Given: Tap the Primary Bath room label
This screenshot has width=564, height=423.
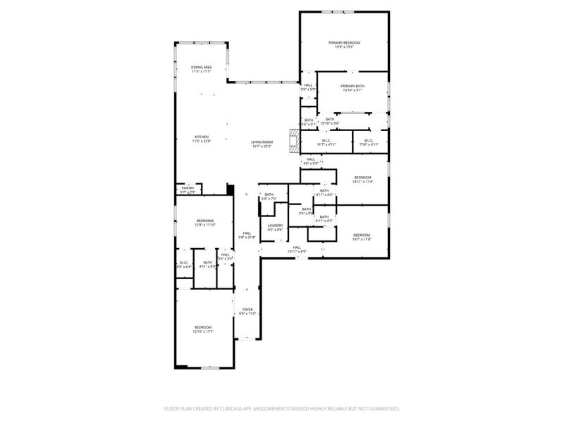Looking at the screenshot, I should pyautogui.click(x=352, y=88).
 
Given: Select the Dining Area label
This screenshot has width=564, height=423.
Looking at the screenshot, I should pyautogui.click(x=202, y=69).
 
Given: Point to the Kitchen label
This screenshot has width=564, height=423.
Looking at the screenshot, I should pyautogui.click(x=202, y=139).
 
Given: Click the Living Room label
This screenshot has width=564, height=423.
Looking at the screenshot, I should pyautogui.click(x=262, y=145).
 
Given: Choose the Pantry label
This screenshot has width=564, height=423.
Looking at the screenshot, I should pyautogui.click(x=188, y=190).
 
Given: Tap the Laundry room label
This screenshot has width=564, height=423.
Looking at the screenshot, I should pyautogui.click(x=275, y=227).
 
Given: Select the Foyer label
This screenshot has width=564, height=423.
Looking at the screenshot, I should pyautogui.click(x=247, y=311).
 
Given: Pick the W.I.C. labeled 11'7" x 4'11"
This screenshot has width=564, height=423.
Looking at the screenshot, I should pyautogui.click(x=326, y=142).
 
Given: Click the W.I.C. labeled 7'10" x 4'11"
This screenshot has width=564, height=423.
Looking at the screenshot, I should pyautogui.click(x=369, y=142).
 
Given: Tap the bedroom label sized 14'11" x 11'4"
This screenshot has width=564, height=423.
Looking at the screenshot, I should pyautogui.click(x=362, y=179).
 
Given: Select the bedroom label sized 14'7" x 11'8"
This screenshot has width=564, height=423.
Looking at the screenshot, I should pyautogui.click(x=362, y=237).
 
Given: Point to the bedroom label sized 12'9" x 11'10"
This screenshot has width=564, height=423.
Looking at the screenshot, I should pyautogui.click(x=204, y=223).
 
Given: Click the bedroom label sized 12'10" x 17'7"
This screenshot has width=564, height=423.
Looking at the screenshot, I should pyautogui.click(x=203, y=329).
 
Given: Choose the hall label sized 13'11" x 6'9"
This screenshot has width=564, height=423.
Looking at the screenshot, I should pyautogui.click(x=297, y=249).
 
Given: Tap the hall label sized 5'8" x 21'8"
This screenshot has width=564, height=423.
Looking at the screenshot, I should pyautogui.click(x=247, y=235).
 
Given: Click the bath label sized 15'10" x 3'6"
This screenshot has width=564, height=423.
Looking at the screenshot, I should pyautogui.click(x=330, y=121).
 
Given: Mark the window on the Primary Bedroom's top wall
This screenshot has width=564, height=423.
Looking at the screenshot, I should pyautogui.click(x=344, y=12).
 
